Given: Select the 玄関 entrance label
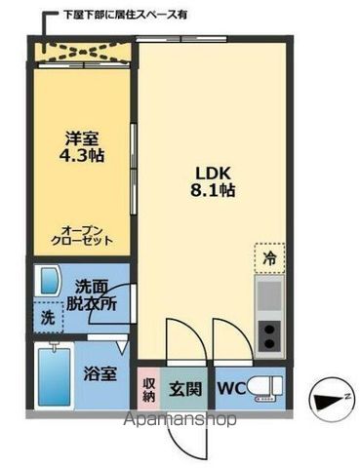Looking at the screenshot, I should (x=185, y=389).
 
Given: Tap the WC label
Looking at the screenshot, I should (x=230, y=389).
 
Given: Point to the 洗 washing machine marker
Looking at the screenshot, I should (x=48, y=317).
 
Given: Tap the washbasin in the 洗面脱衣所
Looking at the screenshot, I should (x=49, y=284).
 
